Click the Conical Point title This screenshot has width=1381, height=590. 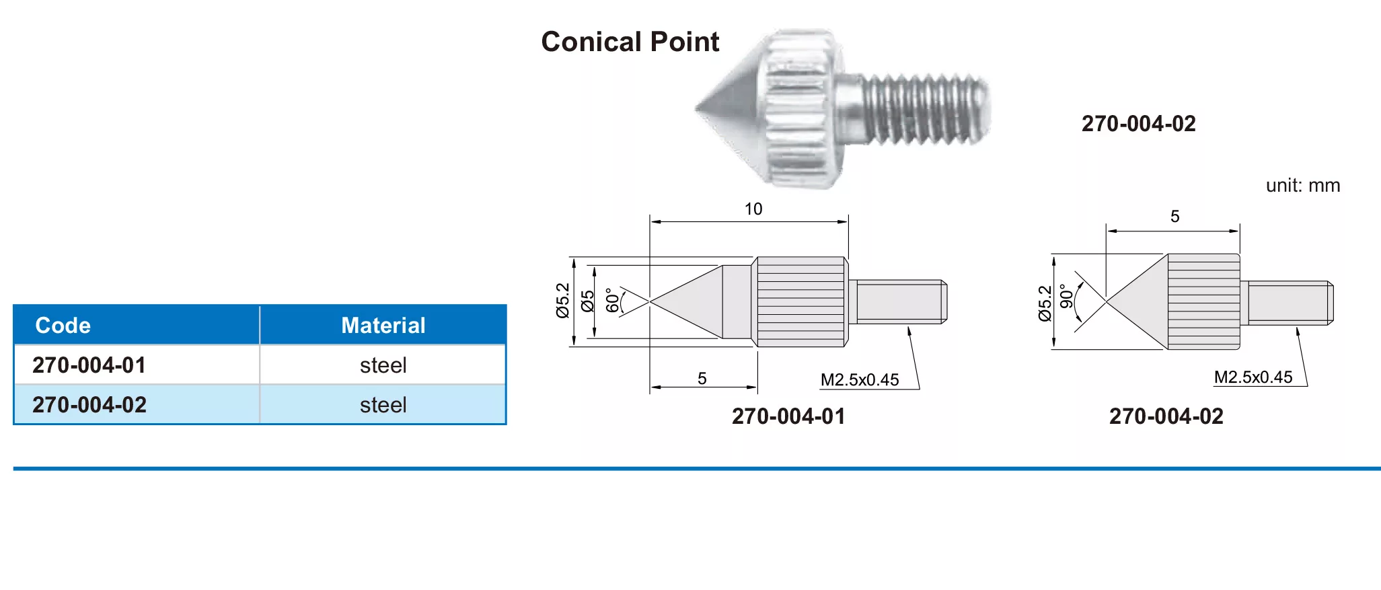630,42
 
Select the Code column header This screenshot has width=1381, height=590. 63,326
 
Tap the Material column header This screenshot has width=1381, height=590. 383,326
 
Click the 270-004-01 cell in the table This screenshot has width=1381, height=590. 89,365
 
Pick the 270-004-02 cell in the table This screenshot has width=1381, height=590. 89,405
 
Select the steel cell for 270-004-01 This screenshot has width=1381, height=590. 383,365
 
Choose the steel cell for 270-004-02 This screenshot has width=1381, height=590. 383,405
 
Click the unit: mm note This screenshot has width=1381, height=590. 1302,186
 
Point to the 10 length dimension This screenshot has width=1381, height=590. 753,209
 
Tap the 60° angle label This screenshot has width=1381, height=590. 612,300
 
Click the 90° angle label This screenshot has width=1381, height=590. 1067,296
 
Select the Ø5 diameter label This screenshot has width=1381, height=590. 588,301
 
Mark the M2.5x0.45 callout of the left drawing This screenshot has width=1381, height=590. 859,380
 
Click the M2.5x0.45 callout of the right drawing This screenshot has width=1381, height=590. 1253,377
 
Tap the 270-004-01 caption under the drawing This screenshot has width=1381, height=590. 788,416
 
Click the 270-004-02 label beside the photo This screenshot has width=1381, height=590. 1138,124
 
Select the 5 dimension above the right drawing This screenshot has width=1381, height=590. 1174,217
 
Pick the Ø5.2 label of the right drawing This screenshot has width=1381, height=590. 1045,303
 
